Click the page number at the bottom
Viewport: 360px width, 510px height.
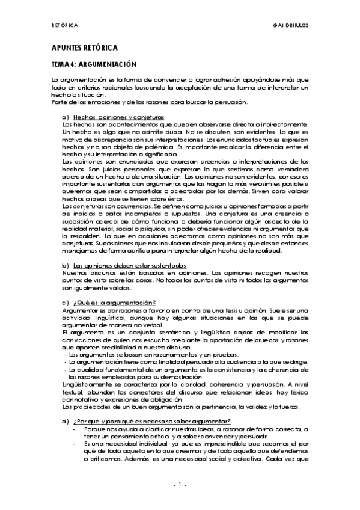click(x=180, y=485)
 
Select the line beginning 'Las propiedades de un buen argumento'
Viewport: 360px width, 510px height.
click(x=180, y=408)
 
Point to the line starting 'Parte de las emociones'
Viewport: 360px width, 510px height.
click(x=154, y=101)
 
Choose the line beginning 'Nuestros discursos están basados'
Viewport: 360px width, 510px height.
click(x=180, y=273)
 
